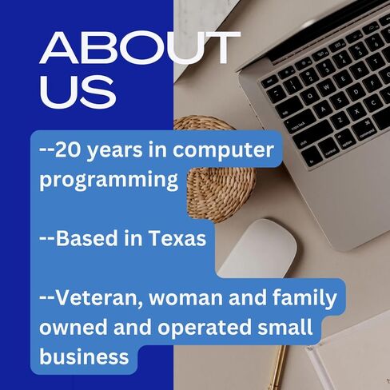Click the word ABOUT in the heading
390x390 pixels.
pos(140,48)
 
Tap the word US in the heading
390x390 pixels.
pos(78,91)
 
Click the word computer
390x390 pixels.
pos(223,151)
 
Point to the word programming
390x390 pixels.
pos(109,181)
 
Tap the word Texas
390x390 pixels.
pos(177,238)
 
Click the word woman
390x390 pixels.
pos(186,298)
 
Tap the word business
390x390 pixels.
pos(84,356)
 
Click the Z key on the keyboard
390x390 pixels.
pos(340,120)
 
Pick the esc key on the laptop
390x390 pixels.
pos(270,81)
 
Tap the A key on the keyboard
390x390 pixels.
pos(323,109)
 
